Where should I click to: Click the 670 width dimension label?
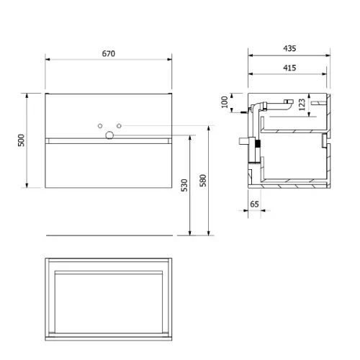(109, 53)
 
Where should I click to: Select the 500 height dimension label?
(21, 140)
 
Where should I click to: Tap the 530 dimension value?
(184, 185)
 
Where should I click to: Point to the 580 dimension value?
(203, 181)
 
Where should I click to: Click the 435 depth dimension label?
(289, 48)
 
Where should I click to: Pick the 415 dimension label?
(289, 68)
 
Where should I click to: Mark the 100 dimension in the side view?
(225, 102)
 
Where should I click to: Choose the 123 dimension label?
(302, 104)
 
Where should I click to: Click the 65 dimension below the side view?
(254, 204)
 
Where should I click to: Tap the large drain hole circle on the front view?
(109, 135)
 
